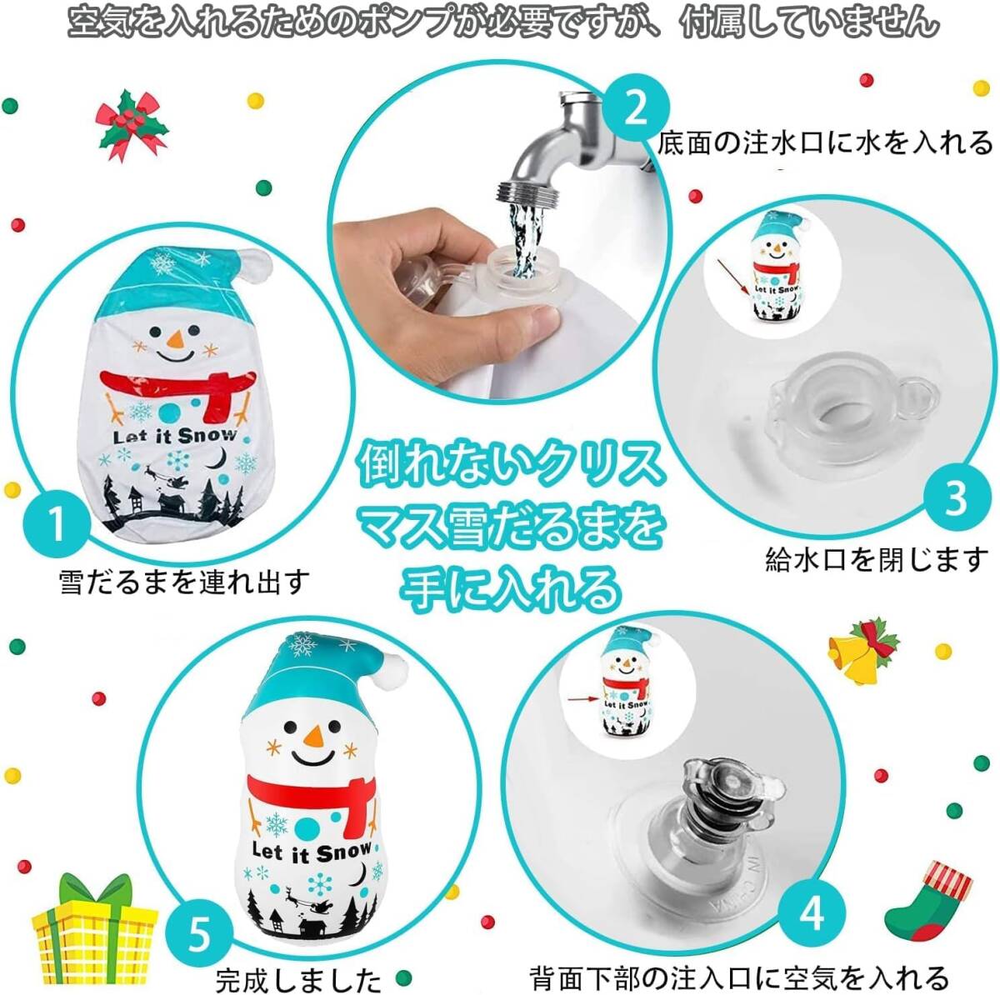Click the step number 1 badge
pos(57,523)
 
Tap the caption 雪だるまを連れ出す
pos(185,582)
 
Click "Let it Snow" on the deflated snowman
pos(174,436)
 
